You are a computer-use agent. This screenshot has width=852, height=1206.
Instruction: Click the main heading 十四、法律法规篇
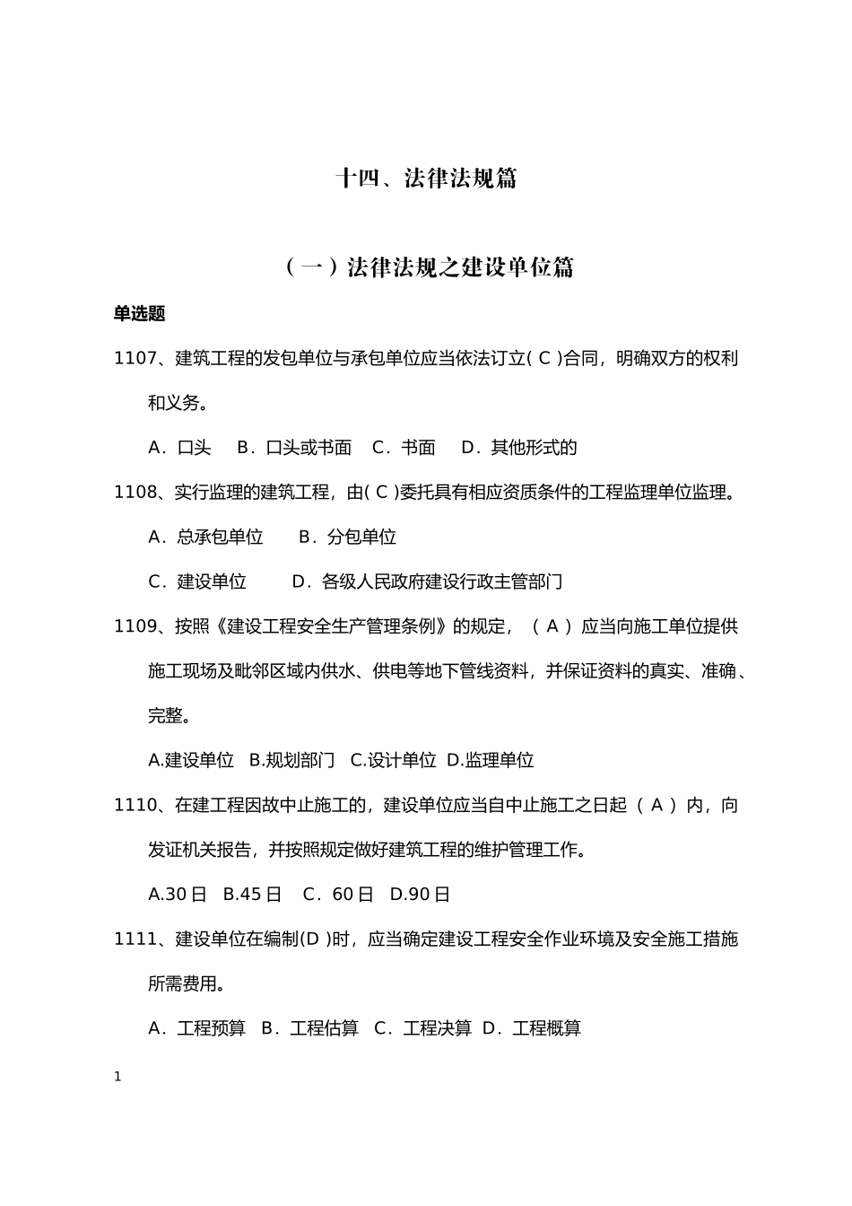(x=426, y=179)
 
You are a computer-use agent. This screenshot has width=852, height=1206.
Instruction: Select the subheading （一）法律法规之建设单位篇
(x=429, y=267)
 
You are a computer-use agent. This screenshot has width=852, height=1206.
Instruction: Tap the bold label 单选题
(x=139, y=313)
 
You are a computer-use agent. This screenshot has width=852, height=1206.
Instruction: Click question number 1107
(x=135, y=358)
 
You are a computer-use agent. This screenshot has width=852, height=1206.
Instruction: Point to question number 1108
(x=135, y=492)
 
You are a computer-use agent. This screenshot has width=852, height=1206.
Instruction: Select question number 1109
(x=135, y=625)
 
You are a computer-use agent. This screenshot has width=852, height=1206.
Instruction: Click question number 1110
(x=135, y=805)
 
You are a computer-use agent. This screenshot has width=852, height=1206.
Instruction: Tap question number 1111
(x=135, y=939)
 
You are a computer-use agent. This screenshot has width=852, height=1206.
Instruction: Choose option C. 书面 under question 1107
(x=404, y=447)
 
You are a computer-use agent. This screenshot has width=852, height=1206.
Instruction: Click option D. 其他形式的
(x=519, y=447)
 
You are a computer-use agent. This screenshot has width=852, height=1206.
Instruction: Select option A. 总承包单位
(x=205, y=537)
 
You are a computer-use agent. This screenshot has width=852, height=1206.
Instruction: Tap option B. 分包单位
(x=347, y=537)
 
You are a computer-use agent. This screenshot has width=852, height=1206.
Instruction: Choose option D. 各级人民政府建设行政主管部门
(x=428, y=581)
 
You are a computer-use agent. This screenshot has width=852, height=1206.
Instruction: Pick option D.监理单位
(x=490, y=760)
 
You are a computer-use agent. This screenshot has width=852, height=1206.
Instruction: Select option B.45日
(x=252, y=894)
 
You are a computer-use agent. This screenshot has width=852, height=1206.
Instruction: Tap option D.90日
(x=420, y=894)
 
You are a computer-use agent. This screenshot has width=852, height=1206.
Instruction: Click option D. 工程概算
(x=532, y=1027)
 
